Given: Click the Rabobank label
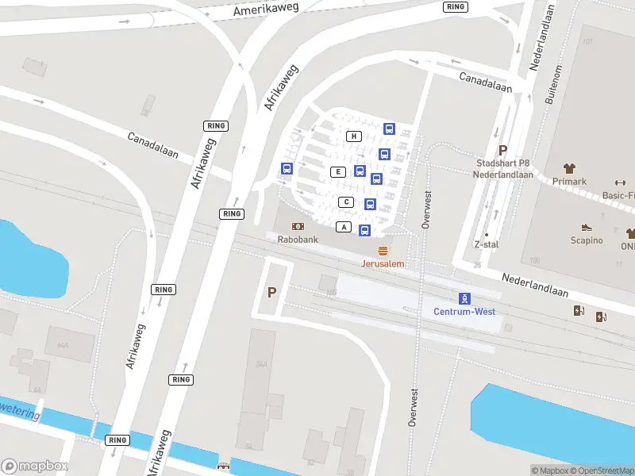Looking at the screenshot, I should coord(298,238).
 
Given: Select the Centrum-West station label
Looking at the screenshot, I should coord(464,311).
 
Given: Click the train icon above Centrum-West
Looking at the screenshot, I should coord(464,298).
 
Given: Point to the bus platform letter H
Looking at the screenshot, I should coord(354,136).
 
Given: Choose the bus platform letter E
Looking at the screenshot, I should coord(338,172).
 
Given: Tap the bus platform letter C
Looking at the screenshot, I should coord(346,202).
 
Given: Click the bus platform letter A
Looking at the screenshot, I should coord(344,227).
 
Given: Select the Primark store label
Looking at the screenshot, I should coord(569,181).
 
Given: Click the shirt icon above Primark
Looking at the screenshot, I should coord(569,168).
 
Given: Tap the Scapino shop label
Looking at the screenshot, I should coord(587,240).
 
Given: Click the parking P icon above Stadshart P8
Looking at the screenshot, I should coord(502,150).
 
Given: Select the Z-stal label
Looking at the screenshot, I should coord(486,244).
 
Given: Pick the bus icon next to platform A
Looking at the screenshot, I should coord(364,230).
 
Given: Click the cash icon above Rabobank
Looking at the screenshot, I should coord(298,226).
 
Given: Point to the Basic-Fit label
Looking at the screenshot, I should coord(618,195).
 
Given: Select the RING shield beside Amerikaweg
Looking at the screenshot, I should coord(456,6).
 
